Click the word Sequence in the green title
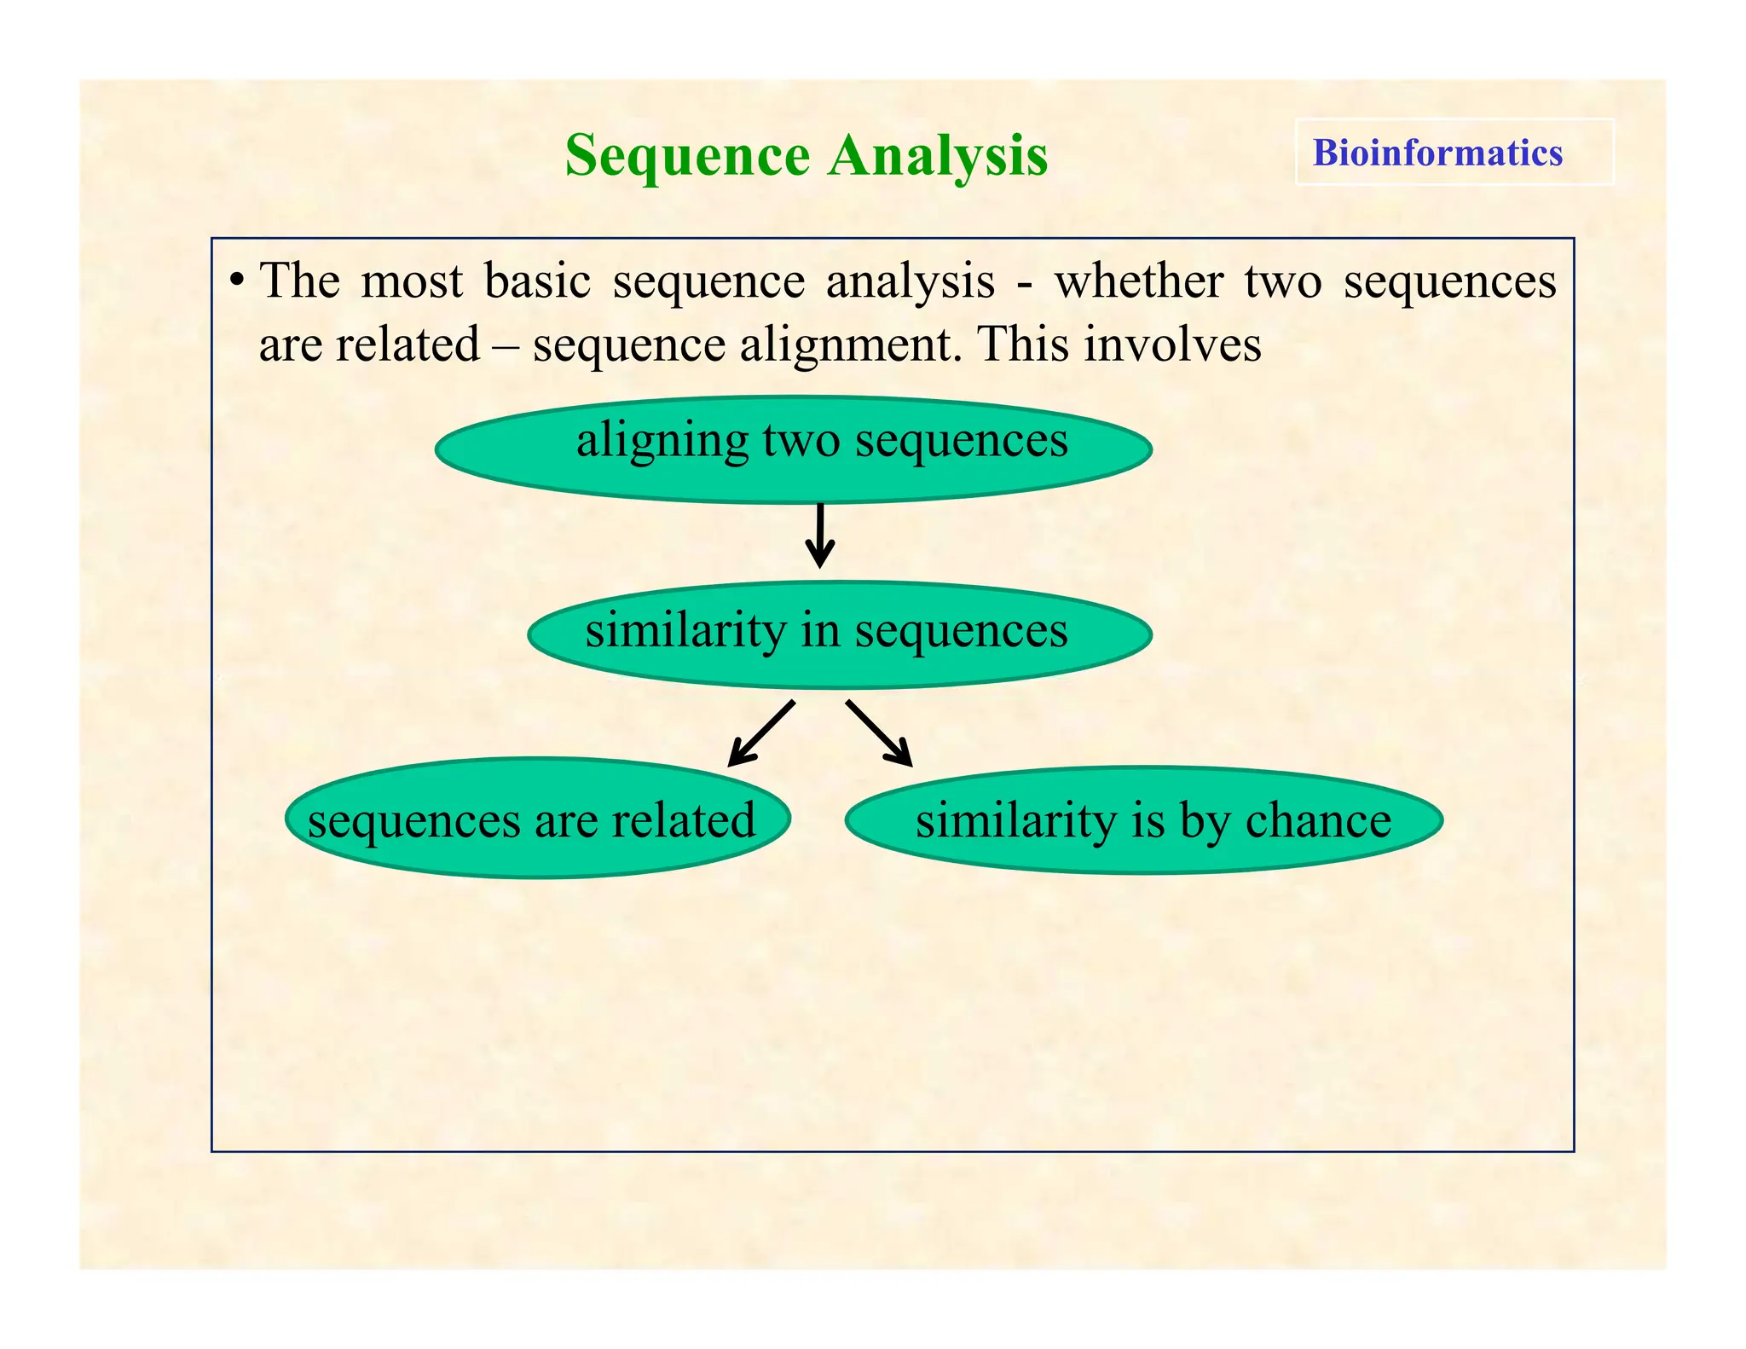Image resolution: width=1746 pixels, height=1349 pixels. tap(687, 157)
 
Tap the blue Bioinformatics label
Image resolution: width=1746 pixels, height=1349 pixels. tap(1437, 153)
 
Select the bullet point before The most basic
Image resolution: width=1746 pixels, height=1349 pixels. tap(238, 280)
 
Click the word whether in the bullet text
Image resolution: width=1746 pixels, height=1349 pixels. tap(1139, 281)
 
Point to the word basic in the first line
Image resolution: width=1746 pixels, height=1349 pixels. tap(537, 281)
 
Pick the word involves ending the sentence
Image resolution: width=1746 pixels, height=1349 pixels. tap(1172, 345)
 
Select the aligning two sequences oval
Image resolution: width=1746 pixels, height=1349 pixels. tap(793, 449)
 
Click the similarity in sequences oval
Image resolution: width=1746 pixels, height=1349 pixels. tap(840, 634)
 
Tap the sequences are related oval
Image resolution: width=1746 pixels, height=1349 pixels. tap(537, 819)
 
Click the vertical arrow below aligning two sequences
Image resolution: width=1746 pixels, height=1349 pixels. tap(820, 536)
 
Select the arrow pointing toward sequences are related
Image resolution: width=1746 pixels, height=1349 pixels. tap(761, 732)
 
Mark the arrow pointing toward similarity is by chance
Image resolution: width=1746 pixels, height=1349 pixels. tap(879, 732)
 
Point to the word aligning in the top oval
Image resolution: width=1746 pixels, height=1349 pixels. tap(661, 442)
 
